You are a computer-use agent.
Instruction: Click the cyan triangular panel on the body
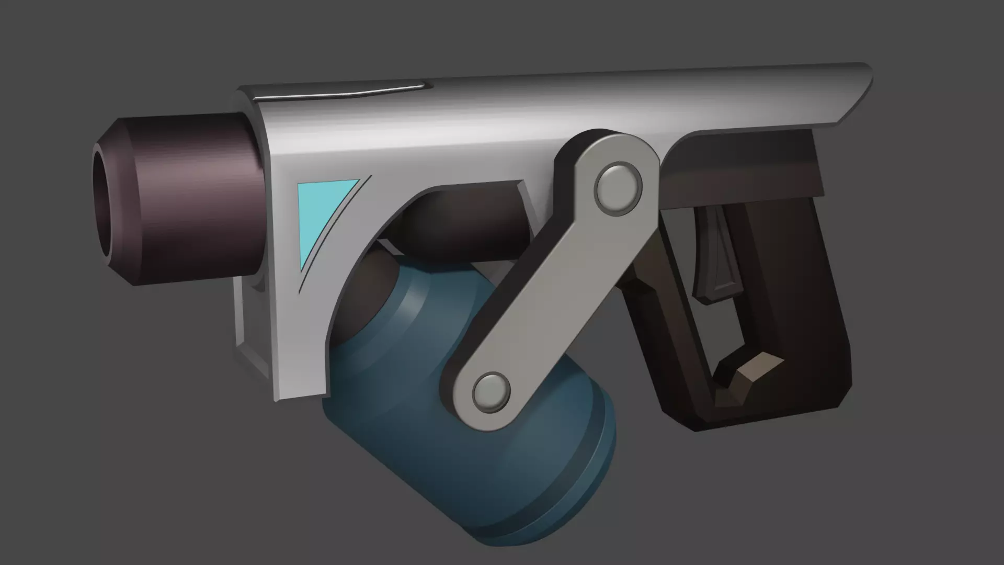319,214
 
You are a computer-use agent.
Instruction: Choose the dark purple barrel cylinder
199,199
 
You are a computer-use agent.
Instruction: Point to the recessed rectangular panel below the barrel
254,324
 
